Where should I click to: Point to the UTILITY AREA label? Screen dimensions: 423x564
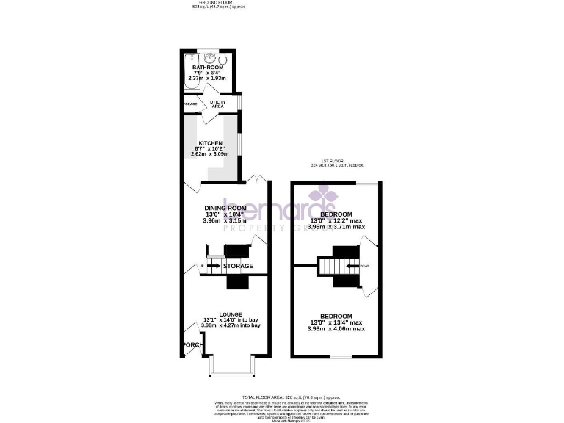tap(218, 104)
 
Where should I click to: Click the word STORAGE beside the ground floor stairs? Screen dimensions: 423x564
tap(239, 266)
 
